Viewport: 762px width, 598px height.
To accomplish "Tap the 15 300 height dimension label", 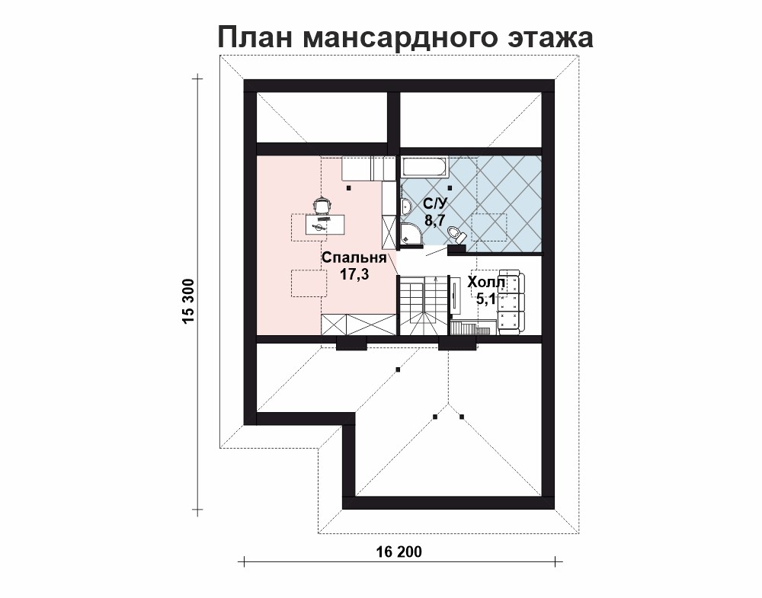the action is click(x=188, y=301).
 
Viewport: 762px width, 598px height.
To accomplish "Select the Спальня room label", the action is click(x=354, y=257).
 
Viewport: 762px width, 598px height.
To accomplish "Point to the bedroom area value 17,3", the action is click(x=354, y=274).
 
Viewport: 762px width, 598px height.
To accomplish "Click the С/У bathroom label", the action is click(x=435, y=203).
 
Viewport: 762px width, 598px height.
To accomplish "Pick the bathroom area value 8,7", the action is click(x=435, y=220).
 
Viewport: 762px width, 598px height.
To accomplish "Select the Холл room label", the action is click(x=486, y=282).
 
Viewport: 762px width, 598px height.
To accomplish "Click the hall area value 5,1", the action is click(x=485, y=299).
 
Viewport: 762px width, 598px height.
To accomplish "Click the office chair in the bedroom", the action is click(x=322, y=206).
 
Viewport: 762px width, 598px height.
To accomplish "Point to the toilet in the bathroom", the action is click(x=456, y=235).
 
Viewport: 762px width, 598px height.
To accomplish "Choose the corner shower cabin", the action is click(x=411, y=235).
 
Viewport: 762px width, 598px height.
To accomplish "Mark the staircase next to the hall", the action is click(x=423, y=305).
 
